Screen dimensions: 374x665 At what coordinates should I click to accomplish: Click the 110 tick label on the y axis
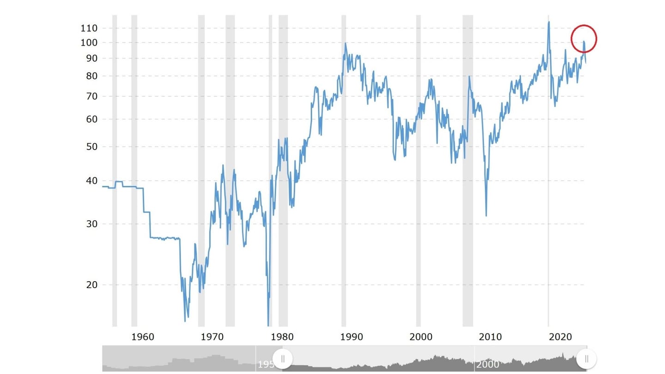point(89,28)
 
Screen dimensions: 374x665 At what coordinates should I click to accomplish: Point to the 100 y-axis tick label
point(89,42)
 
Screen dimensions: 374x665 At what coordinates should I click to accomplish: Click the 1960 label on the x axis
point(143,337)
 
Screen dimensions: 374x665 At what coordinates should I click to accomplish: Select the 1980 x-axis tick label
point(282,337)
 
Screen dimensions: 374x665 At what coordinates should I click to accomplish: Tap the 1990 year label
point(351,337)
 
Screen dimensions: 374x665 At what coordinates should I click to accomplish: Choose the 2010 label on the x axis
point(490,337)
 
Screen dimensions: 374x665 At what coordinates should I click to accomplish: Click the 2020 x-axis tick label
point(560,337)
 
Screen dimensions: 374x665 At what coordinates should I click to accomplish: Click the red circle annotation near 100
point(584,38)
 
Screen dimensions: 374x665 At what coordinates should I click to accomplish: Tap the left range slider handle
point(283,358)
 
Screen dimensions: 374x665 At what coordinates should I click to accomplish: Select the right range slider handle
point(586,358)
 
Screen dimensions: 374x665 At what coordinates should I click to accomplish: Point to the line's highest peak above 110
point(549,22)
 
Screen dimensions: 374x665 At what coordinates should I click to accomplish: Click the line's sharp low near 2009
point(486,215)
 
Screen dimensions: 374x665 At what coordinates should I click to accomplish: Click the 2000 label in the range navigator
point(488,364)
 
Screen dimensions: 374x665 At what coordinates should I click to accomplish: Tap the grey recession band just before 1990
point(344,171)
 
